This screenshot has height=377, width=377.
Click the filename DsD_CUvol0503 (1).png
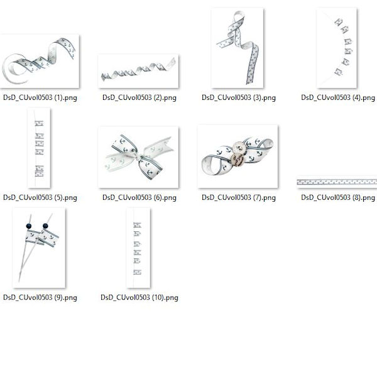[40, 97]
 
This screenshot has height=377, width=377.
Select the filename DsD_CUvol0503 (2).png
[139, 97]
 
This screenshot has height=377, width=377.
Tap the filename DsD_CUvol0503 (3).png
[239, 97]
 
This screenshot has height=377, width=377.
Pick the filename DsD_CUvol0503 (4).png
[338, 97]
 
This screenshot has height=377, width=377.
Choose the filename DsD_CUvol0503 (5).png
[40, 198]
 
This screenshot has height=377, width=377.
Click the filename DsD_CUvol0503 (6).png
[139, 198]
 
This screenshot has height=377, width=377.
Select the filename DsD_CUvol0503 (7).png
[239, 198]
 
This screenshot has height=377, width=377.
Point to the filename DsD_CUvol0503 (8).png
[338, 198]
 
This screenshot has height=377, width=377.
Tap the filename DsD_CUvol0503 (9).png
[40, 298]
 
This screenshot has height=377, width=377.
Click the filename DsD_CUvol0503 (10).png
[139, 298]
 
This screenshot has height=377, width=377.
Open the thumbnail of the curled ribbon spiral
[40, 62]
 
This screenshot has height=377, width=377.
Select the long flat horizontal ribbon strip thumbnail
[337, 182]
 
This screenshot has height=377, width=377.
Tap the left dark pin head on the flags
[29, 226]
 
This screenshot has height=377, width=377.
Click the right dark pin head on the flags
[45, 226]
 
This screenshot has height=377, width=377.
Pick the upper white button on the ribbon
[239, 147]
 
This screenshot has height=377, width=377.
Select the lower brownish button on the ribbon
[238, 160]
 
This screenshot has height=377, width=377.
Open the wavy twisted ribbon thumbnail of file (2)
[138, 71]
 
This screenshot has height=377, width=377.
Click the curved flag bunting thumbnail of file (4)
[337, 48]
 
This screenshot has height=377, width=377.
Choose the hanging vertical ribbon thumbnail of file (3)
[238, 48]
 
